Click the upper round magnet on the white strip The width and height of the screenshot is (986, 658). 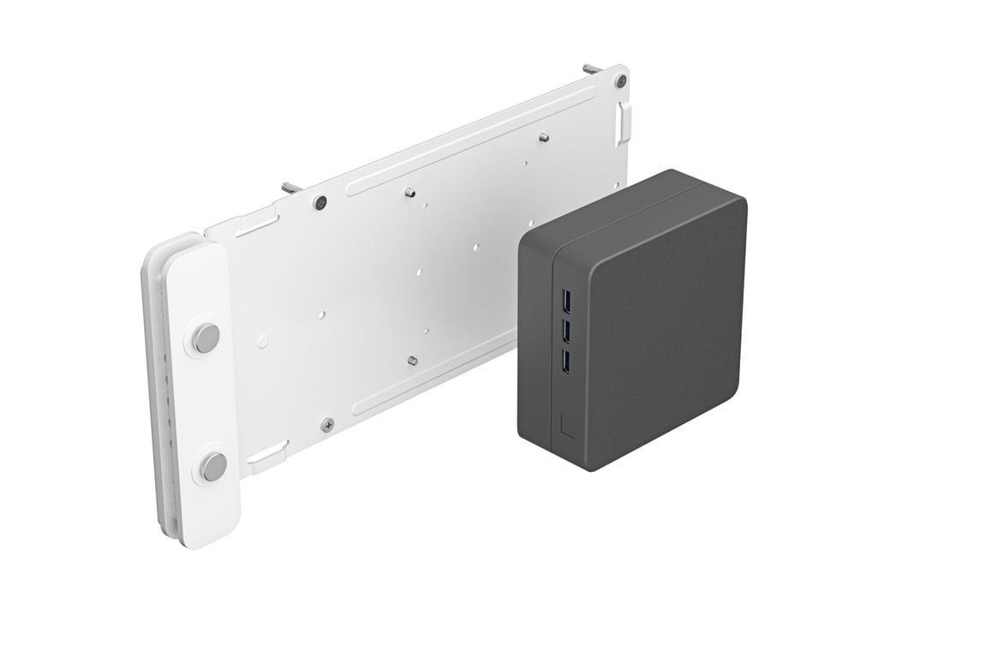[205, 338]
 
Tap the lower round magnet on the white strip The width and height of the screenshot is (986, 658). [213, 467]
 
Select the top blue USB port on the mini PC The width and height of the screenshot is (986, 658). [565, 302]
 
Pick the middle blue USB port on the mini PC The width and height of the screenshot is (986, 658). [565, 332]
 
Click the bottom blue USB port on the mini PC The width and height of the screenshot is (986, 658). [565, 362]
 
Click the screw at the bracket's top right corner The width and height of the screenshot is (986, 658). [621, 81]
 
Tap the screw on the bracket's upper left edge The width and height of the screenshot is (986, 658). [320, 203]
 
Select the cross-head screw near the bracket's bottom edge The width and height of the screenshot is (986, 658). [327, 423]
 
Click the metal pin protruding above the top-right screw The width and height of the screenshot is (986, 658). [592, 68]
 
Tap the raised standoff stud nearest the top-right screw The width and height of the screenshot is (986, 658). [543, 136]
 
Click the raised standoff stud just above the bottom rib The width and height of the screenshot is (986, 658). [412, 361]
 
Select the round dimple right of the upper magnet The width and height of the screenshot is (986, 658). [263, 341]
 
